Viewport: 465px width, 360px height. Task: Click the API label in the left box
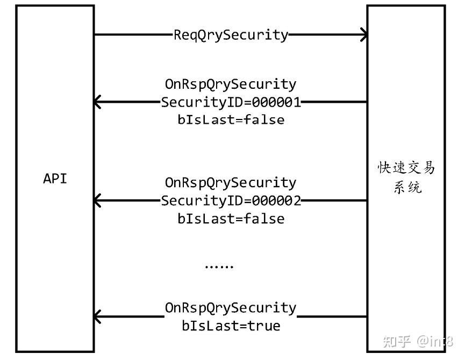(x=55, y=179)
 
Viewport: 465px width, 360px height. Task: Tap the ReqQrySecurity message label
(x=231, y=35)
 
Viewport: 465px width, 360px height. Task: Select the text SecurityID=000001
(x=231, y=102)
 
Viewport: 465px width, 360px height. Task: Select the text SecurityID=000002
(x=231, y=201)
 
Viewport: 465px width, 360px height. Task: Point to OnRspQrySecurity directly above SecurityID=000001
(x=231, y=84)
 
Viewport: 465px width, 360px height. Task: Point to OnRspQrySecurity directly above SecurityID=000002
(x=231, y=183)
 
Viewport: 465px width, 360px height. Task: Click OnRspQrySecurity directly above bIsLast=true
(x=231, y=308)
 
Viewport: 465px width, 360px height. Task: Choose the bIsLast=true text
(x=231, y=326)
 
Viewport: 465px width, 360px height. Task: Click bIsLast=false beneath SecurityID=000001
(x=231, y=119)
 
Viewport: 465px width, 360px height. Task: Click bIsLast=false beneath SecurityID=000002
(x=231, y=218)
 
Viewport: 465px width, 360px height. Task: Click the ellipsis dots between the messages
(x=219, y=266)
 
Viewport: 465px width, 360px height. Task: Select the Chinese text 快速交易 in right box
(x=406, y=168)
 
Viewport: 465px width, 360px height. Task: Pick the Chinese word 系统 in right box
(x=406, y=187)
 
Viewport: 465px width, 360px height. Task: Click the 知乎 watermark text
(x=396, y=341)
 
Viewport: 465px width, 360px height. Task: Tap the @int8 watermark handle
(x=435, y=341)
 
